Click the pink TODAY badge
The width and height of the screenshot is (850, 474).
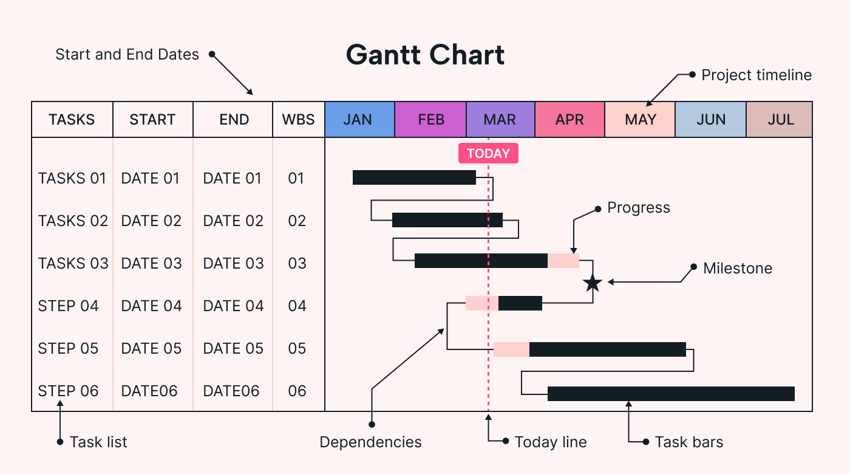coord(488,154)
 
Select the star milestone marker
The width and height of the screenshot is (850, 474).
coord(593,283)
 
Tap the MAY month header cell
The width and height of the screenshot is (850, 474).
coord(640,120)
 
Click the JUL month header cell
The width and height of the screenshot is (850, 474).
coord(780,120)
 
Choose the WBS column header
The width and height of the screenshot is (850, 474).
coord(298,120)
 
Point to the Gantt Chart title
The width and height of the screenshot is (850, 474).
coord(425,55)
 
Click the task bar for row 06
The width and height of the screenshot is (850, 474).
coord(671,394)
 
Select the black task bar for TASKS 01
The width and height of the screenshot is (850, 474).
coord(414,177)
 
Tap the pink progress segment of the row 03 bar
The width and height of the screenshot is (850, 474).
coord(563,261)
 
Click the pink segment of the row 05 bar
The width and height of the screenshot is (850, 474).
coord(511,349)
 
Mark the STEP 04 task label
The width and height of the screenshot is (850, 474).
coord(68,306)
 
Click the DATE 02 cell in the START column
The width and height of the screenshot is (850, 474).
coord(151,221)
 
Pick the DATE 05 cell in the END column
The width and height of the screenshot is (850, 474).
coord(233,349)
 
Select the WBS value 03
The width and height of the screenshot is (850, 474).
coord(297,264)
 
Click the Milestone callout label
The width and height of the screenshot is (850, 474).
coord(737,269)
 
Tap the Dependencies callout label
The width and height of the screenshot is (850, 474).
coord(370,442)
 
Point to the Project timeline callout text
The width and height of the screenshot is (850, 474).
coord(756,75)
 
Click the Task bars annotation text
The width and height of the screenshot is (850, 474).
coord(688,442)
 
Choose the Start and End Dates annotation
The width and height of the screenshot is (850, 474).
coord(127,55)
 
